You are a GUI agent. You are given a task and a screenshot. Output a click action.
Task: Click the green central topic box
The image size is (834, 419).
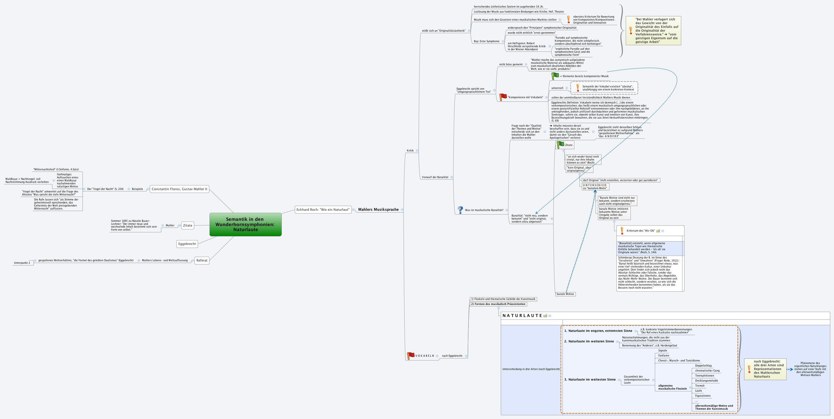point(245,224)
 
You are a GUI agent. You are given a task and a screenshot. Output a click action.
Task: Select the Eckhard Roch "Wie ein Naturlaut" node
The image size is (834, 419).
point(323,210)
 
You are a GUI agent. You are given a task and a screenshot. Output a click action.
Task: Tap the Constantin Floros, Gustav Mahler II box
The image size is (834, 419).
point(179,189)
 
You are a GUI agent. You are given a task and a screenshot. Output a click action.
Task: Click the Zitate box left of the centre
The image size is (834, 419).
point(187,226)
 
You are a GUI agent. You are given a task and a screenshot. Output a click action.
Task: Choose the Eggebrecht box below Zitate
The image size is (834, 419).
point(187,244)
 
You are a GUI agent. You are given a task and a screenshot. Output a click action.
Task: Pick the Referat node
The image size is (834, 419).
point(202,260)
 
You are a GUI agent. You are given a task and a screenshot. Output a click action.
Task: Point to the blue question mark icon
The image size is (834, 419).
point(460,210)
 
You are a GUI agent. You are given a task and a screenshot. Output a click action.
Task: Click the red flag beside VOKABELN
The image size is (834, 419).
point(410,355)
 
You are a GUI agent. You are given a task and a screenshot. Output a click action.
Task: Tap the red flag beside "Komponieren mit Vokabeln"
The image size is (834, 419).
point(503,97)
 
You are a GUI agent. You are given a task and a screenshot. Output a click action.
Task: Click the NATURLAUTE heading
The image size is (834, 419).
point(522,316)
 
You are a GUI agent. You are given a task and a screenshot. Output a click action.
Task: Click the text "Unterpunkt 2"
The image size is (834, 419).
point(22,263)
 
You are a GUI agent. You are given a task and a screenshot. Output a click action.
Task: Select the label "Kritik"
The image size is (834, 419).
point(410,151)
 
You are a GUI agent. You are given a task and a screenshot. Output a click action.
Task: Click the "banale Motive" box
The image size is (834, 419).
point(565,294)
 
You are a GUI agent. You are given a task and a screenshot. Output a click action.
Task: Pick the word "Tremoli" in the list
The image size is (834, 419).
point(700,386)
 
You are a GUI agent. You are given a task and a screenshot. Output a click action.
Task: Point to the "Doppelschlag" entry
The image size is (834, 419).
point(703,365)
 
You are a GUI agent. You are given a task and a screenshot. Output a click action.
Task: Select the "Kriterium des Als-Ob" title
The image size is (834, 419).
point(640,231)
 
